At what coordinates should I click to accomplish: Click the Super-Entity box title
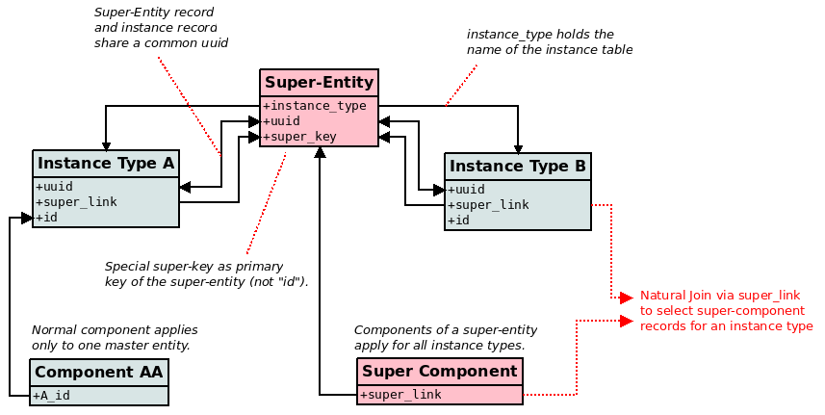[319, 83]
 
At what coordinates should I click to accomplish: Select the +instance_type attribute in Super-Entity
[315, 106]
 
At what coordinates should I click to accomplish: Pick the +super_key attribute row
[300, 137]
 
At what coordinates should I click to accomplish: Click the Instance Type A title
[106, 164]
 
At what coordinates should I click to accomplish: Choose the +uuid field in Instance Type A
[55, 187]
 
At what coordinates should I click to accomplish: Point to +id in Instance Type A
[47, 218]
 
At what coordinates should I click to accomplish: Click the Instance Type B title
[518, 166]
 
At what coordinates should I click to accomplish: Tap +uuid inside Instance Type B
[467, 190]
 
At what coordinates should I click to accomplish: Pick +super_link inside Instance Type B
[488, 205]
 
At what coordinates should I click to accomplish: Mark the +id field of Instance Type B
[459, 220]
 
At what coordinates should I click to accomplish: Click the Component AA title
[99, 373]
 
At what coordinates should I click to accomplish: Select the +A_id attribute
[52, 395]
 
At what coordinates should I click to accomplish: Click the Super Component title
[440, 371]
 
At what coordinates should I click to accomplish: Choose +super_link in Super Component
[400, 395]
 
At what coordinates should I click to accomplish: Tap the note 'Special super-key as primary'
[193, 267]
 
